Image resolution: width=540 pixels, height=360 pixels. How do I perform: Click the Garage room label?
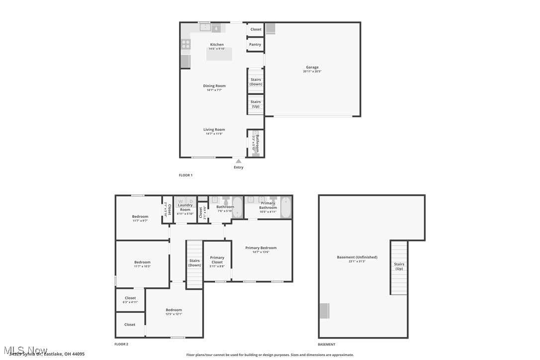(x=312, y=67)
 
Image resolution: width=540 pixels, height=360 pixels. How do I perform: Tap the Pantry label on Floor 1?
(x=255, y=45)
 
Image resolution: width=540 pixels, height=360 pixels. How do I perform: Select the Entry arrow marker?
(x=239, y=161)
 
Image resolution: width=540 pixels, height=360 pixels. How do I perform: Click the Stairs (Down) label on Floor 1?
(x=256, y=82)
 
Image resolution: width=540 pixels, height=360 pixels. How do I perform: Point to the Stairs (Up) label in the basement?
(x=399, y=266)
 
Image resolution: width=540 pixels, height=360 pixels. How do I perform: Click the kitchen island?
(x=219, y=54)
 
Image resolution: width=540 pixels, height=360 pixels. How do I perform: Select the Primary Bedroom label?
(x=261, y=248)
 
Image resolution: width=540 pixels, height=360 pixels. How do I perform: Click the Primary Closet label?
(x=217, y=260)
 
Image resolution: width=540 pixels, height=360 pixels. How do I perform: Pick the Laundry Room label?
(x=185, y=207)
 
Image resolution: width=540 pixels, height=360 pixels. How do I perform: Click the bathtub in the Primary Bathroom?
(x=285, y=208)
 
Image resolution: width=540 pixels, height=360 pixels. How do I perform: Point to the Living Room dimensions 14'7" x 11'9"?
(x=214, y=134)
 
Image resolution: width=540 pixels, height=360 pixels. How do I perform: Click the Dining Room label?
(x=214, y=86)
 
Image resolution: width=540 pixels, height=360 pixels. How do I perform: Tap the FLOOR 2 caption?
(x=121, y=344)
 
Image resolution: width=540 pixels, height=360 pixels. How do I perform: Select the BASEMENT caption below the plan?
(x=326, y=344)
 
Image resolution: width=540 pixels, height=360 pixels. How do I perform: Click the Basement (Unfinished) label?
(x=357, y=257)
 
